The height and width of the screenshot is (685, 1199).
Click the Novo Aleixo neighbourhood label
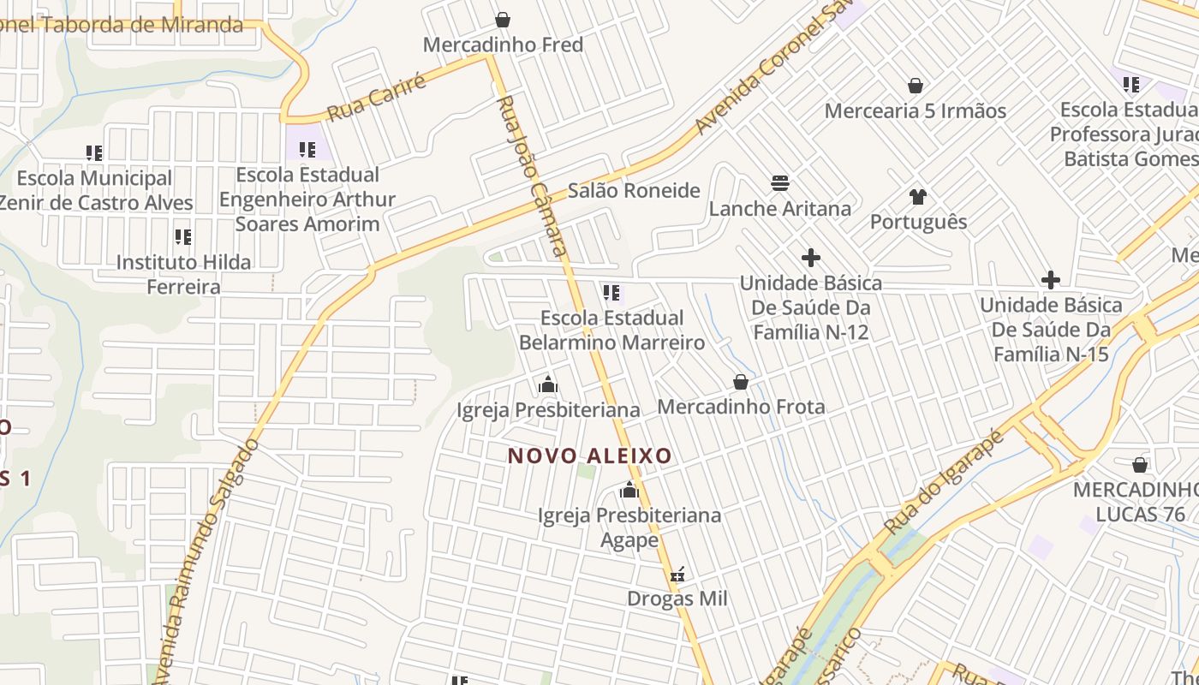[x=590, y=456]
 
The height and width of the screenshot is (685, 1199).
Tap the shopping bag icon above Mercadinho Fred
[x=503, y=19]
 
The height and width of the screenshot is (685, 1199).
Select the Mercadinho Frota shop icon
[x=741, y=382]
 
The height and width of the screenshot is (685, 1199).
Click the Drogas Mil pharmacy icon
[x=677, y=575]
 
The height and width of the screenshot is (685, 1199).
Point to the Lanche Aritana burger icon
[x=779, y=183]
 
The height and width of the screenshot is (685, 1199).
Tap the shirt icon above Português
[x=918, y=197]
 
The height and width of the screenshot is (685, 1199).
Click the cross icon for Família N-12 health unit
[x=810, y=257]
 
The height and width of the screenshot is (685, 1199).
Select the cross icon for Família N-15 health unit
[x=1050, y=280]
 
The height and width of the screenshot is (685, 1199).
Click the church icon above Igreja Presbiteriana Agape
[x=629, y=491]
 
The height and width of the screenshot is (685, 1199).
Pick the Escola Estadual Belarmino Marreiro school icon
[x=611, y=293]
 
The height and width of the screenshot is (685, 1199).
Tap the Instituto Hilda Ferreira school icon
[x=182, y=237]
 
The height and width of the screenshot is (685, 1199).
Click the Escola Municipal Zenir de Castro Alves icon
[x=94, y=153]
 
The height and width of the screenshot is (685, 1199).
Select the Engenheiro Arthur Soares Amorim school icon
[x=307, y=150]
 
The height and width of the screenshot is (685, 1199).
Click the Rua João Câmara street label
[x=533, y=176]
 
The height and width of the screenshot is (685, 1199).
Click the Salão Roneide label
[x=634, y=190]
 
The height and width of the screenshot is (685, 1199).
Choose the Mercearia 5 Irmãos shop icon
[x=916, y=86]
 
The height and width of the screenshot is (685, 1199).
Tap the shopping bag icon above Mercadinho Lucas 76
[x=1139, y=465]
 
